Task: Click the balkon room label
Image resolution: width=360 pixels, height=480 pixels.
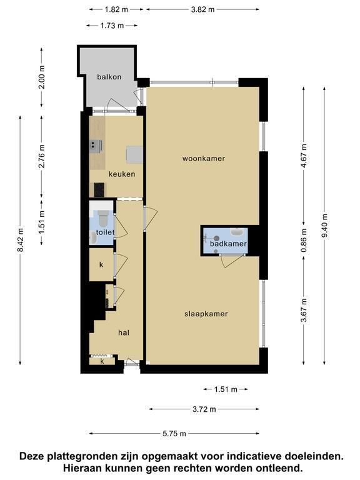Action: [x=109, y=77]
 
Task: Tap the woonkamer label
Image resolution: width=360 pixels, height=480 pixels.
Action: [x=204, y=159]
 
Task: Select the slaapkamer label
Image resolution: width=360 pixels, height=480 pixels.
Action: [x=206, y=314]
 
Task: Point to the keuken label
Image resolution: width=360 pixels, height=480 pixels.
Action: [x=122, y=174]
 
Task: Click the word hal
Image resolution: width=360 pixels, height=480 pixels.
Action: [x=124, y=332]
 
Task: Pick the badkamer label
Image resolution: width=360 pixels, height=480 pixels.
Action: [x=228, y=244]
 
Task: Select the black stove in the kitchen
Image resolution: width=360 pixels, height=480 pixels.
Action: [x=99, y=190]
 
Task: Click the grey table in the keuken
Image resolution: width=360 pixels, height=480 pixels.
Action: [x=134, y=154]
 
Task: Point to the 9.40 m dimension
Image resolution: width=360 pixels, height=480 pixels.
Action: [x=324, y=226]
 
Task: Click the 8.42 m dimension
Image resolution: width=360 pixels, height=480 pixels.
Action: [x=20, y=240]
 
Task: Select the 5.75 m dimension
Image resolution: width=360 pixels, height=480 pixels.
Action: [x=174, y=434]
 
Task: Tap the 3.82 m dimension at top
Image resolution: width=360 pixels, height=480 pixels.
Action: [x=202, y=9]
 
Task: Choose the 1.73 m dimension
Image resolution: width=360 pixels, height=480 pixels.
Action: [x=112, y=26]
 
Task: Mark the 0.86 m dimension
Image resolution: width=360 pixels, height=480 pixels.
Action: [x=304, y=241]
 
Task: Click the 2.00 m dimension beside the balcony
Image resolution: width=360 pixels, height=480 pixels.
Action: [x=42, y=77]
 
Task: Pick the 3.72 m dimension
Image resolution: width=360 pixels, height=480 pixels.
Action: [x=204, y=409]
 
